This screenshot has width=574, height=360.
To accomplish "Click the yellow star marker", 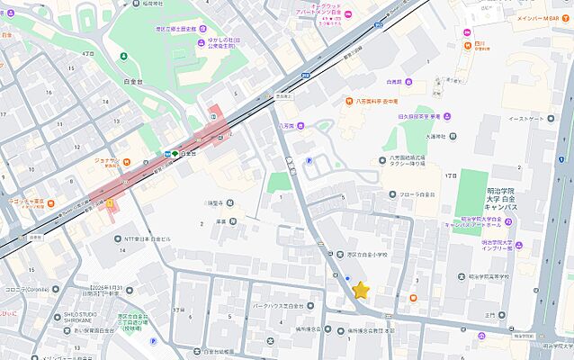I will click(x=361, y=290).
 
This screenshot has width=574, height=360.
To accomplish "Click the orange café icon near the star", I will click(x=413, y=297).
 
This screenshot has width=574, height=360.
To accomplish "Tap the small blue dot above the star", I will click(x=347, y=277).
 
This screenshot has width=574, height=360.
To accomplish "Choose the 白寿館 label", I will click(x=393, y=81).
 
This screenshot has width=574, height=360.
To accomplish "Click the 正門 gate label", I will click(x=490, y=315).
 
